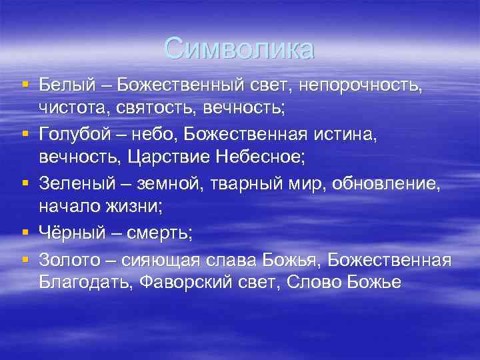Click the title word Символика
pos(239,49)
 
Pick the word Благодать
pos(86,282)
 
